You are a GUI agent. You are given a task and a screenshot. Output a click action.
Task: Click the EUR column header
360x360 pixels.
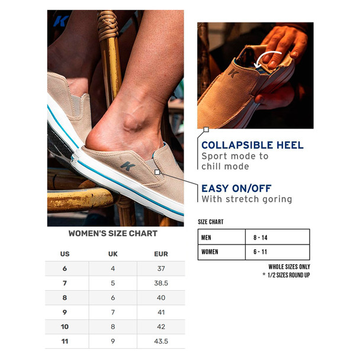[x=161, y=254]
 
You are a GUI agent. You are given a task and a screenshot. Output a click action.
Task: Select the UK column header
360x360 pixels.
[x=112, y=254]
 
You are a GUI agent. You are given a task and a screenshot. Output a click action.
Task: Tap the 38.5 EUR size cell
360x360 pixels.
[x=161, y=283]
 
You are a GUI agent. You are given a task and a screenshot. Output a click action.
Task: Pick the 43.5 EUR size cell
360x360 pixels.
[x=161, y=341]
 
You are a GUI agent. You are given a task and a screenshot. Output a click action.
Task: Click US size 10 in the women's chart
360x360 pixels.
[x=65, y=327]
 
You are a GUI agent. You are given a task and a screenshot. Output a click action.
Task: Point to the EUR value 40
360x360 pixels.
[x=161, y=298]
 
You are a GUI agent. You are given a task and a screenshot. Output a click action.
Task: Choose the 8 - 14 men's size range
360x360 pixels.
[x=261, y=237]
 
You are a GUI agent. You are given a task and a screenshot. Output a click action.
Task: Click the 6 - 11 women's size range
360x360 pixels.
[x=260, y=252]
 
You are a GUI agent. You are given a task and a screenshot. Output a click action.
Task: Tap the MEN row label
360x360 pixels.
[x=206, y=237]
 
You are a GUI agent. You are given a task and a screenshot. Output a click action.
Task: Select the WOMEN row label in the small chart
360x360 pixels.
[x=210, y=252]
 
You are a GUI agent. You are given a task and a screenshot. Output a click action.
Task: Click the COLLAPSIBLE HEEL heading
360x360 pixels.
[x=253, y=145]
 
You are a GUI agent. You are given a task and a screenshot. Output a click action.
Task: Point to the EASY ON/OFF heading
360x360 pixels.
[x=236, y=188]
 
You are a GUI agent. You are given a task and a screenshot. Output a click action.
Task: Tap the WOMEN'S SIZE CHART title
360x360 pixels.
[x=113, y=233]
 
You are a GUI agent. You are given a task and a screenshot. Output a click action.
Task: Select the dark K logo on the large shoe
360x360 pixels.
[x=128, y=166]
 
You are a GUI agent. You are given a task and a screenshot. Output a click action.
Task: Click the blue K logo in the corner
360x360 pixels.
[x=61, y=21]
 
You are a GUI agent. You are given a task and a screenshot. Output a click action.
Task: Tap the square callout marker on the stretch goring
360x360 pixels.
[x=157, y=172]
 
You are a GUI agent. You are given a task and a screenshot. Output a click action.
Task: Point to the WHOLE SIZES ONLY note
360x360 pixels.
[x=290, y=267]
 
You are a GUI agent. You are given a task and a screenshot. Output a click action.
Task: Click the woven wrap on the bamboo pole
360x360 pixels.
[x=108, y=25]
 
